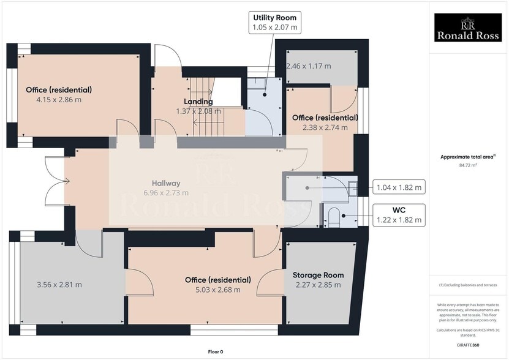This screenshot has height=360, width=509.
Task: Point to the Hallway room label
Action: [x=166, y=183]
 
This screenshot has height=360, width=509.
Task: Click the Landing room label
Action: [x=198, y=102]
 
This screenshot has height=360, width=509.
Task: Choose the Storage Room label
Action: [x=318, y=275]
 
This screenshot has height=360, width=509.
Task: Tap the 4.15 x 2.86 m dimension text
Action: [x=59, y=99]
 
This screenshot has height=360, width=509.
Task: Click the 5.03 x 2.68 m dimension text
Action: [x=217, y=290]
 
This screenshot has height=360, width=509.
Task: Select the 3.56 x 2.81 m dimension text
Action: [x=59, y=284]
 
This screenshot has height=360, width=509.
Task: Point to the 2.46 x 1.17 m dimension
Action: [x=308, y=66]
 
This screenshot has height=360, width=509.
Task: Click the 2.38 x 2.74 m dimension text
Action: [x=325, y=127]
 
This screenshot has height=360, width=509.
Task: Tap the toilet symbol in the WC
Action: [x=334, y=216]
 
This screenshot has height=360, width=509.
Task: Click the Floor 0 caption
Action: [x=216, y=351]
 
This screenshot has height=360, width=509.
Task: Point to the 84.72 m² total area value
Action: [x=467, y=165]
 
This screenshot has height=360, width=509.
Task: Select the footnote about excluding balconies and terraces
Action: [x=467, y=285]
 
